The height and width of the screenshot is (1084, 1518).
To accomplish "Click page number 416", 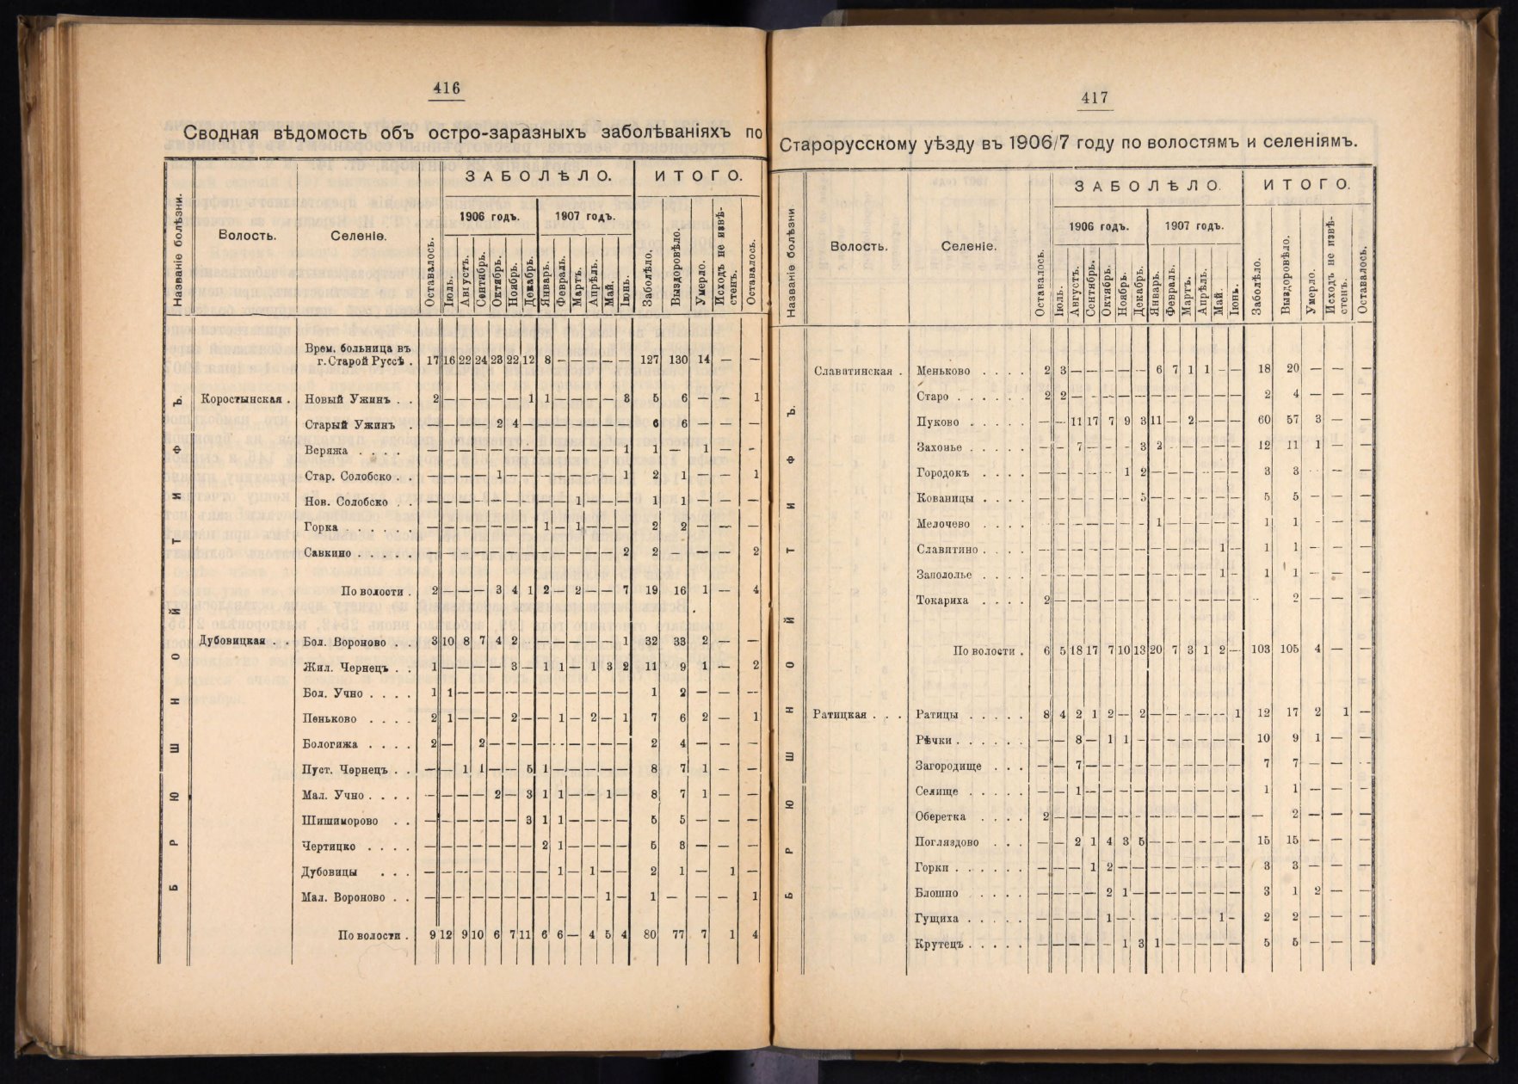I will pos(447,88).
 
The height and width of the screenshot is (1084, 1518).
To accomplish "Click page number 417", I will pos(1094,99).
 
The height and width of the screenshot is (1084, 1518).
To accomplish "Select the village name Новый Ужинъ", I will pos(342,399).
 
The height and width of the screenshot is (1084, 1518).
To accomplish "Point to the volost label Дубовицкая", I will pos(231,641).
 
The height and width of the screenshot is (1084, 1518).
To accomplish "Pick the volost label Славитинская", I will pos(856,371).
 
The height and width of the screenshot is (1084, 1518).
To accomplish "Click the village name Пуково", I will pos(938,422).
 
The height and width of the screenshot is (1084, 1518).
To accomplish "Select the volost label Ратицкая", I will pos(839,715).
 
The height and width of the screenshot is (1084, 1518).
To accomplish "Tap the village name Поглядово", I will pos(947,842).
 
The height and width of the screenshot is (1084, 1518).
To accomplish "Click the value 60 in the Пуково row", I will pos(1264,422).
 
